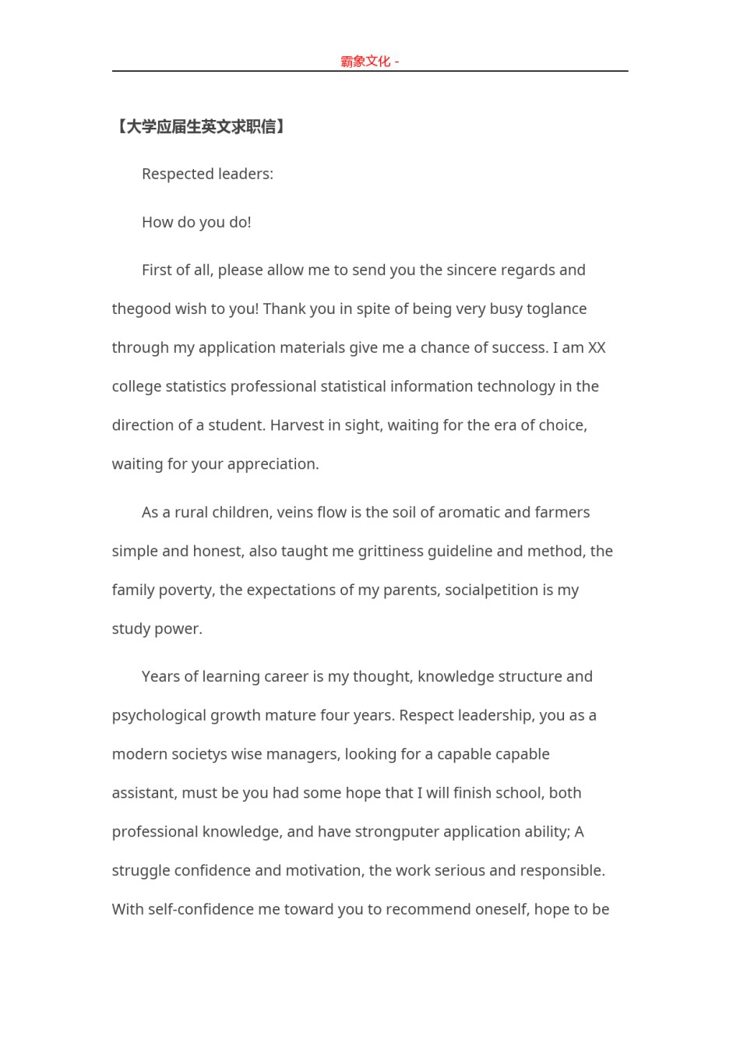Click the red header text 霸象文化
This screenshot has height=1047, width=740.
pyautogui.click(x=365, y=62)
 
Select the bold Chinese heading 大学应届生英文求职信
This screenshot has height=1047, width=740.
pyautogui.click(x=201, y=127)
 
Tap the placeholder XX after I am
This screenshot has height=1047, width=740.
pyautogui.click(x=597, y=348)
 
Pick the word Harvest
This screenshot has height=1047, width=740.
pyautogui.click(x=299, y=425)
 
